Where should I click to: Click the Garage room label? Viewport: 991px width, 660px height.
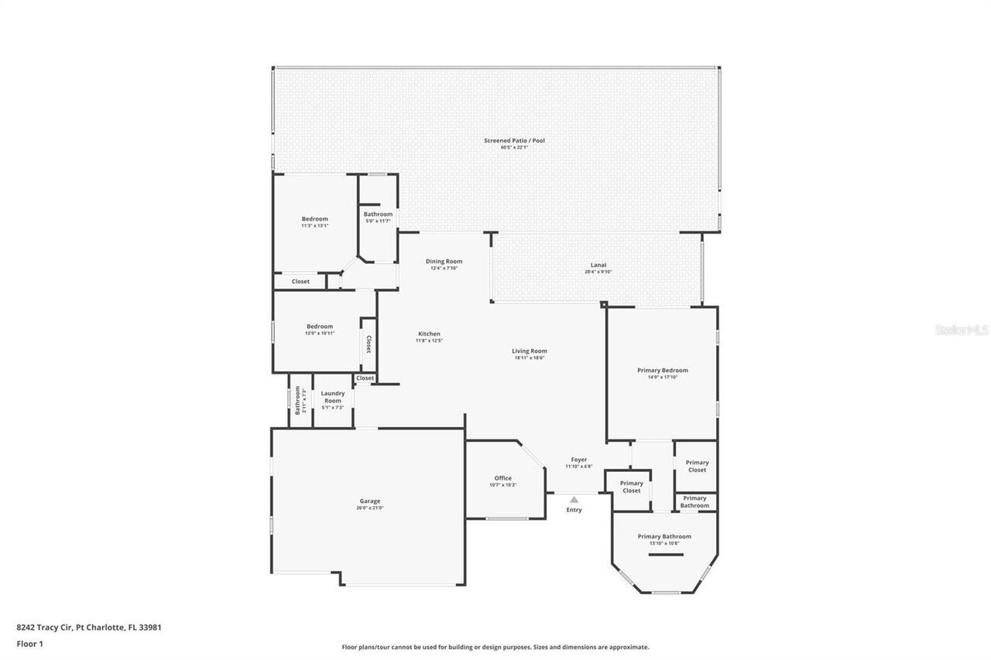[369, 501]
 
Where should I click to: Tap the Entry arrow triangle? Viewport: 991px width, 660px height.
[574, 500]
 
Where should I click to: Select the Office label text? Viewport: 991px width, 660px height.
[502, 478]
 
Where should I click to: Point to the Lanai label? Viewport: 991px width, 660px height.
[598, 265]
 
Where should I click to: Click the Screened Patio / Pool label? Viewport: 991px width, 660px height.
[514, 140]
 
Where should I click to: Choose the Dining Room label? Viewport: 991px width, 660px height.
[444, 262]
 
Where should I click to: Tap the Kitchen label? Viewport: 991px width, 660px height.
[427, 333]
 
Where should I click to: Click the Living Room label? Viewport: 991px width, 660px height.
[530, 351]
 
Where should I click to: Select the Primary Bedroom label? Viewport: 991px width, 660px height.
[662, 370]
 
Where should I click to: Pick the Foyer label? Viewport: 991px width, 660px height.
[578, 460]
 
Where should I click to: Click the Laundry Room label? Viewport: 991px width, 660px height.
[332, 397]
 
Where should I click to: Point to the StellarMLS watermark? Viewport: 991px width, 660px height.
[962, 330]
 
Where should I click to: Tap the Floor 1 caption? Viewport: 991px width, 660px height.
[29, 644]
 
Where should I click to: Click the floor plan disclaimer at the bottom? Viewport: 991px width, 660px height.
[495, 647]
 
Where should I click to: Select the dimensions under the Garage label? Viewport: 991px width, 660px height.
[369, 508]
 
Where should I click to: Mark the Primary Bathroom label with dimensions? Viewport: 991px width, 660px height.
[664, 539]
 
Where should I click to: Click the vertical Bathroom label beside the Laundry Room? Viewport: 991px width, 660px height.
[297, 401]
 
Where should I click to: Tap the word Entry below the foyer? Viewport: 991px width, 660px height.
[574, 510]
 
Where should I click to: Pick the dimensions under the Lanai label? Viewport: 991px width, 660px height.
[598, 272]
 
